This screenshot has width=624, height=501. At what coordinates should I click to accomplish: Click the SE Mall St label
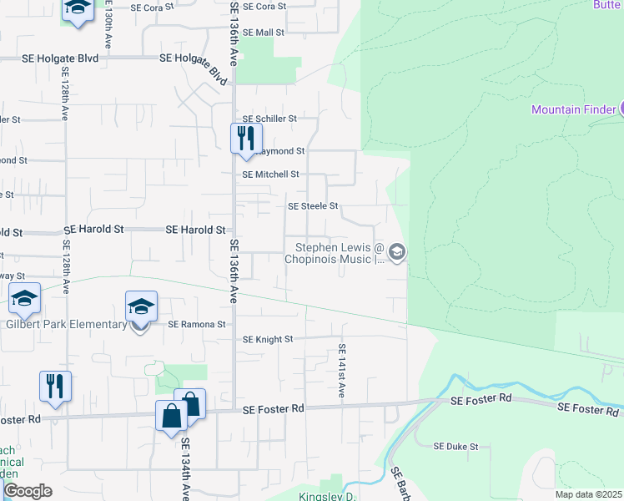pyautogui.click(x=264, y=33)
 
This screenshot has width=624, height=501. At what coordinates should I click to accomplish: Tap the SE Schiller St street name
pyautogui.click(x=269, y=119)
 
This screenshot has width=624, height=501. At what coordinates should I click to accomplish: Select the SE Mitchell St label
pyautogui.click(x=270, y=175)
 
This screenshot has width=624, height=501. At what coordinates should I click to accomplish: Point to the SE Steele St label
pyautogui.click(x=313, y=205)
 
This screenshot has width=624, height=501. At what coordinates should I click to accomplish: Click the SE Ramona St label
pyautogui.click(x=197, y=324)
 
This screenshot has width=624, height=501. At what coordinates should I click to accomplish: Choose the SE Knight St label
pyautogui.click(x=268, y=340)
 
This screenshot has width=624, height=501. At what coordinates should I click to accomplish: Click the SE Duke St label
pyautogui.click(x=455, y=447)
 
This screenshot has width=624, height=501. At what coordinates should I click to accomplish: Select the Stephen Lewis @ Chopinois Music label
pyautogui.click(x=335, y=253)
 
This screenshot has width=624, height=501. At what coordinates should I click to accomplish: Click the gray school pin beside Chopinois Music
pyautogui.click(x=397, y=252)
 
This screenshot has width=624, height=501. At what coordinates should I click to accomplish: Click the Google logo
pyautogui.click(x=27, y=491)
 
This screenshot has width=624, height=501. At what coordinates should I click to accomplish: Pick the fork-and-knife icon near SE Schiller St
pyautogui.click(x=245, y=136)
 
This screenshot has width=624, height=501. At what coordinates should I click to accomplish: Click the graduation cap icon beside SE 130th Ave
pyautogui.click(x=78, y=8)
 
